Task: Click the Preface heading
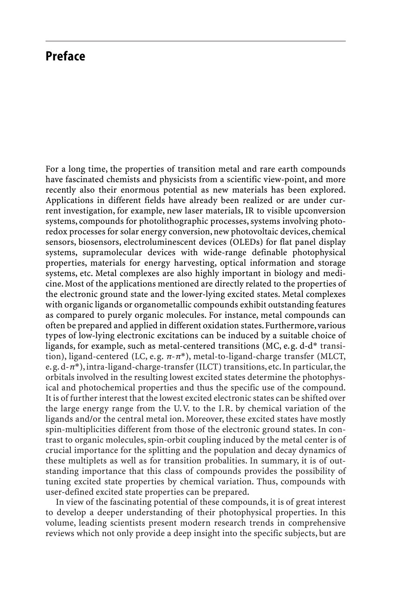65,57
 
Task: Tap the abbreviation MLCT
335,356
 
